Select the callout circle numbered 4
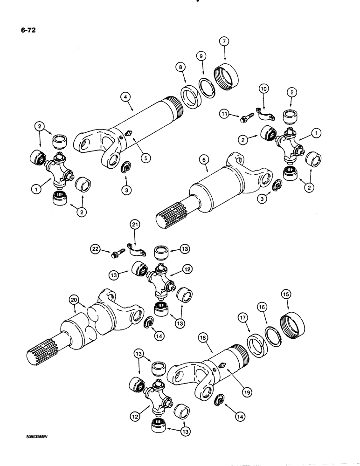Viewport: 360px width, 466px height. [125, 97]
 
